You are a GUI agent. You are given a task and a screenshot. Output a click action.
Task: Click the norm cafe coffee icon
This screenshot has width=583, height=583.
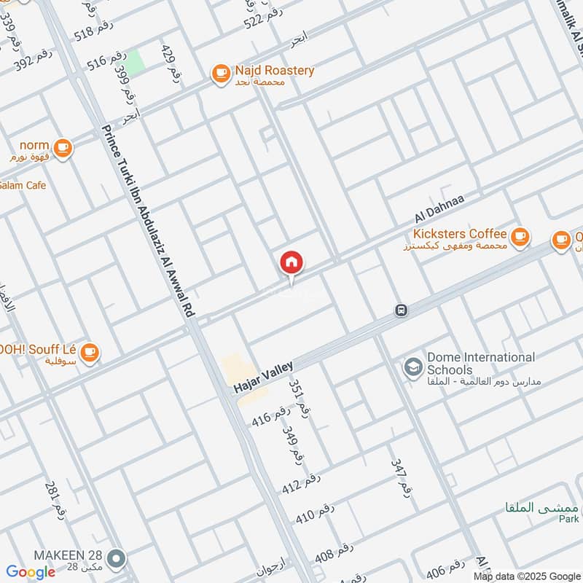(63, 147)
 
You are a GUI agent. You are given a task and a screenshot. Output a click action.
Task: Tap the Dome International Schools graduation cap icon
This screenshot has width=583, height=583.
(413, 365)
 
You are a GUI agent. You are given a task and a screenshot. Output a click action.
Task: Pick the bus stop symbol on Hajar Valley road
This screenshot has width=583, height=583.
(401, 310)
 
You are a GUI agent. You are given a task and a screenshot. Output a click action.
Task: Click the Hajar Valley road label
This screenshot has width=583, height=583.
(263, 378)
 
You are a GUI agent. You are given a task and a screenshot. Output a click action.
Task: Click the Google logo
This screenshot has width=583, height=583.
(31, 572)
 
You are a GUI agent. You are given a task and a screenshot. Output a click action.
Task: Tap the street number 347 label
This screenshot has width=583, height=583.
(402, 478)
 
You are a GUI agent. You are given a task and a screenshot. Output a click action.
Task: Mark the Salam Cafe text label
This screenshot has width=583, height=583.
(22, 186)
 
